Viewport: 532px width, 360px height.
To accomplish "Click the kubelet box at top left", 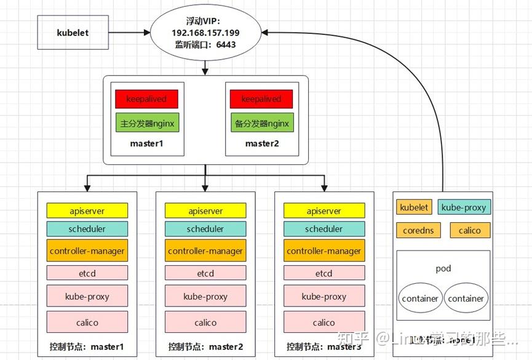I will point(73,33).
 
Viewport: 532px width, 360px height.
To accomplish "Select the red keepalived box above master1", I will point(146,99).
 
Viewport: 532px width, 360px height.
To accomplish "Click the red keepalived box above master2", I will point(261,99).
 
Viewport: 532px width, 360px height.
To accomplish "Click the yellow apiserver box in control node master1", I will point(87,210).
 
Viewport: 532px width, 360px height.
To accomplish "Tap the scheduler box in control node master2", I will point(205,229).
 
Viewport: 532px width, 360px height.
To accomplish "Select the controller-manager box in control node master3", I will point(324,251).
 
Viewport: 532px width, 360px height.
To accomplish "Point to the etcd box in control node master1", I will point(87,273).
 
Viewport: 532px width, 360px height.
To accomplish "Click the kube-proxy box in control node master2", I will point(205,296).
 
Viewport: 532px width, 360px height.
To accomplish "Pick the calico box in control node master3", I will point(324,322).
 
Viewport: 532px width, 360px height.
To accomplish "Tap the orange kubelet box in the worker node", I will point(415,207).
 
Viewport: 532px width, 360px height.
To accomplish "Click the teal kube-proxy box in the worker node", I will point(464,207).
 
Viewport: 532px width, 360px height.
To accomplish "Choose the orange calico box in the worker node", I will point(470,231).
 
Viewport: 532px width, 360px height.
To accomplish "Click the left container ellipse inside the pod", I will point(420,298).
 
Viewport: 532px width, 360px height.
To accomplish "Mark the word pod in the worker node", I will point(443,269).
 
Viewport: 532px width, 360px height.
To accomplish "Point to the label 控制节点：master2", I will point(205,346).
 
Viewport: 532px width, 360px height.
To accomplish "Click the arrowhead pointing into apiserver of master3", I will point(324,188).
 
